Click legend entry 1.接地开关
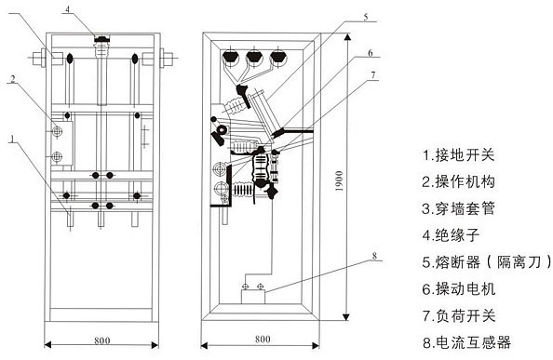click(458, 155)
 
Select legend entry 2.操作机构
click(458, 181)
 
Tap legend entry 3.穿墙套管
click(458, 208)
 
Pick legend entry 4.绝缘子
click(451, 235)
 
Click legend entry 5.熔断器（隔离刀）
click(487, 262)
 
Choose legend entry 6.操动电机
click(458, 289)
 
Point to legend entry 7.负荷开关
click(458, 315)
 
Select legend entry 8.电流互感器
click(466, 342)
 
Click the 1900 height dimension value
click(339, 181)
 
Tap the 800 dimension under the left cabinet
click(101, 340)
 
